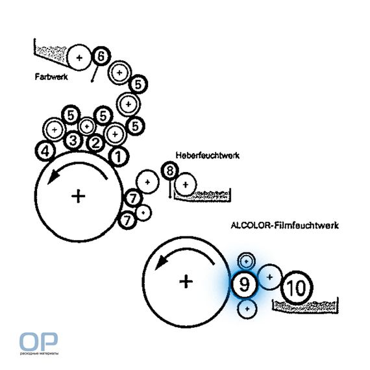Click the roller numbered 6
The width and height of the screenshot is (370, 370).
point(101,56)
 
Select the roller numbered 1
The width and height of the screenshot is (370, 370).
point(119,156)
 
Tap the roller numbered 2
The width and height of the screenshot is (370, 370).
point(95,143)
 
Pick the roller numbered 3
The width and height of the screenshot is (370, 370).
point(73,141)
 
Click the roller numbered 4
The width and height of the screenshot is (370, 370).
point(45,151)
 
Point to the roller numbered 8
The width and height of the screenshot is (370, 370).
point(170,170)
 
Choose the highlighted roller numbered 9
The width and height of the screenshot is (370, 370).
point(245,284)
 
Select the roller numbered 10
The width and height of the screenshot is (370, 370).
point(297,287)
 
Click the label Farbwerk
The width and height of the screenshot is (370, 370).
point(51,77)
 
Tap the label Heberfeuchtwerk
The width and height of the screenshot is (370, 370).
point(208,155)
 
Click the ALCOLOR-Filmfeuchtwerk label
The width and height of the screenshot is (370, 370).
point(285,225)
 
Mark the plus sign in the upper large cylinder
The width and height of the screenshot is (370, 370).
point(78,196)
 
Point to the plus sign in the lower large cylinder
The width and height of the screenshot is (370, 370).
point(186,281)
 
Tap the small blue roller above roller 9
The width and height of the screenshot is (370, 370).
point(246,261)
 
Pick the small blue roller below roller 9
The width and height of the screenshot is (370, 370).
point(247,308)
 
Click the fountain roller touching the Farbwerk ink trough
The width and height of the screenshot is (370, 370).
point(79,57)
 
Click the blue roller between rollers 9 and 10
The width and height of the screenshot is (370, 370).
point(270,277)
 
